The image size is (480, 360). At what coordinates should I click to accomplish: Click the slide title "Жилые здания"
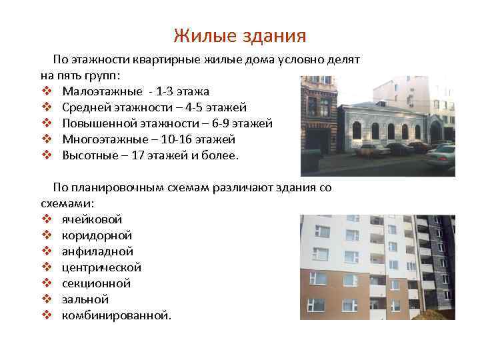click(x=239, y=35)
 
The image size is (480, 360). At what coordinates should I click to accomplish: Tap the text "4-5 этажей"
click(x=217, y=107)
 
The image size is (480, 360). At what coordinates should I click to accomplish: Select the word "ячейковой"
click(x=92, y=219)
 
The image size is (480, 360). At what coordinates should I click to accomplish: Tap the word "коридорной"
click(x=97, y=235)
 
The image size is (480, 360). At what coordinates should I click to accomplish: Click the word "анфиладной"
click(x=97, y=251)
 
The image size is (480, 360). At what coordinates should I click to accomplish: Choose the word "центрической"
click(x=101, y=267)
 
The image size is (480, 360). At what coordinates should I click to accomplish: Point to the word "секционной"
click(x=96, y=283)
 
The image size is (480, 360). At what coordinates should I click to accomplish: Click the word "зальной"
click(x=85, y=299)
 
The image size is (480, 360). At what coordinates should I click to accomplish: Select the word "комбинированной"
click(x=116, y=315)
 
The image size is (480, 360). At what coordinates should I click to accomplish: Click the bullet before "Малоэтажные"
click(x=46, y=91)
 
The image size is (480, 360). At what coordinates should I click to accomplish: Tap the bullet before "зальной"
click(x=46, y=299)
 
